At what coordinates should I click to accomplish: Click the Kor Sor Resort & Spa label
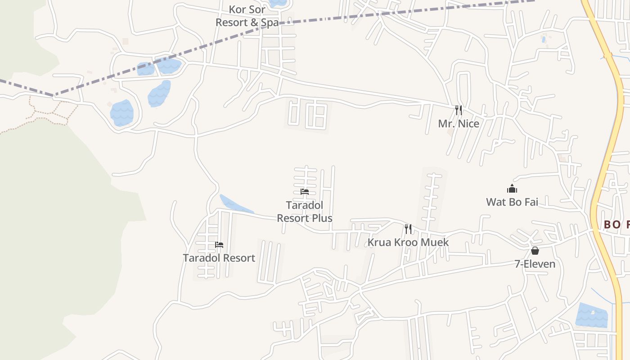(x=247, y=16)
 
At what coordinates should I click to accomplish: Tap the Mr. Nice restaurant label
(x=459, y=123)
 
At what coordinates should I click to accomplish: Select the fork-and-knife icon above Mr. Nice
(x=459, y=110)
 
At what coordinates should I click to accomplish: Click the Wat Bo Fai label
(x=512, y=202)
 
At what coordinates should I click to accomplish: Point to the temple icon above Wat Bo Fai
(x=512, y=189)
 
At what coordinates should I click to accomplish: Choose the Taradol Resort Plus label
(x=305, y=211)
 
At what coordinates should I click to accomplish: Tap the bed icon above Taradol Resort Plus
(x=305, y=192)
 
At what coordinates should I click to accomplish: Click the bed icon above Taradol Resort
(x=219, y=245)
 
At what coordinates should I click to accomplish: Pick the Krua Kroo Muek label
(x=408, y=242)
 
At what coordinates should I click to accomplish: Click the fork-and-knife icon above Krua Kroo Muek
(x=408, y=229)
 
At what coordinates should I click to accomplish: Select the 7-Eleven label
(x=535, y=264)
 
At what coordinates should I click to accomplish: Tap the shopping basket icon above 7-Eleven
(x=535, y=251)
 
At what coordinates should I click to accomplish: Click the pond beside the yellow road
(x=592, y=315)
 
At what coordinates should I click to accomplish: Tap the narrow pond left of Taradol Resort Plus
(x=235, y=205)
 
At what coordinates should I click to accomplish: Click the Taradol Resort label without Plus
(x=219, y=258)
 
